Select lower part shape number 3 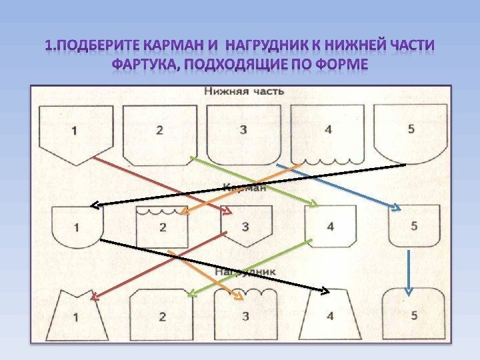[243, 131]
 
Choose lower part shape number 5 [410, 131]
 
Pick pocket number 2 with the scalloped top [162, 227]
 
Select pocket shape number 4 [330, 225]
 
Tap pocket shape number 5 [414, 225]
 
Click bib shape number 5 [413, 314]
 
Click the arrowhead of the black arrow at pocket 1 [95, 205]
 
